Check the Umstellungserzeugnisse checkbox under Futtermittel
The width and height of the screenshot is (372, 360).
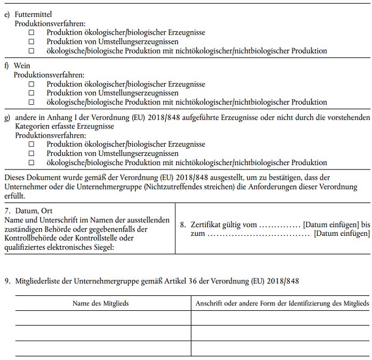(x=31, y=42)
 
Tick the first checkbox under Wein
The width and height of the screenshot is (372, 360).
(x=31, y=84)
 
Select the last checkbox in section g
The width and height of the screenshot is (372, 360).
(x=31, y=162)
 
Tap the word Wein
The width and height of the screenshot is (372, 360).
(x=21, y=65)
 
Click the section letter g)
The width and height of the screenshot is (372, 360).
(x=7, y=118)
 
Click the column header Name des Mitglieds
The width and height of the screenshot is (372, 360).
(x=100, y=303)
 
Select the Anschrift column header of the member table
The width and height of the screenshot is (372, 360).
(x=280, y=303)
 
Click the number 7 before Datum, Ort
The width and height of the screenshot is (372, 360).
(x=6, y=210)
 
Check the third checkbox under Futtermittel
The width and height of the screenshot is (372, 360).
(x=31, y=51)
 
